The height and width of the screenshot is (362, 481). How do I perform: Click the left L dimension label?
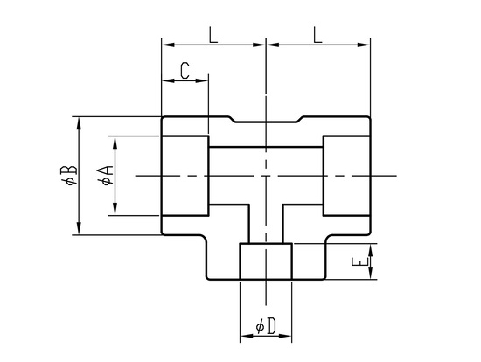[x=213, y=35]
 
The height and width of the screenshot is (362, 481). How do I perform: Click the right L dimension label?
[x=317, y=35]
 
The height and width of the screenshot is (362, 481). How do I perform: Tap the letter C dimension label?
[x=185, y=71]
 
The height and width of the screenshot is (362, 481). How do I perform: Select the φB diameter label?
[x=69, y=175]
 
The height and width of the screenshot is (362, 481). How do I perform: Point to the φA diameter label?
[x=105, y=176]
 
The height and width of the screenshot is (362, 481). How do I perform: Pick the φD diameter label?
[x=266, y=326]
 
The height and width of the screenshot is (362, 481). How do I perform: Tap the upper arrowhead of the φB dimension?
[x=79, y=123]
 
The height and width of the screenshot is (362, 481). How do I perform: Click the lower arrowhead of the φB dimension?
[x=79, y=228]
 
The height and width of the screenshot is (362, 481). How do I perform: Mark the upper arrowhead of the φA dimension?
[x=115, y=143]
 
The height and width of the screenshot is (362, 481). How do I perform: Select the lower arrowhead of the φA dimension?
[x=115, y=209]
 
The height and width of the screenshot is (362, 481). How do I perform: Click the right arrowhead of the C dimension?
[x=202, y=81]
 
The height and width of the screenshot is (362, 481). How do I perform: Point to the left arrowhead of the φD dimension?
[x=247, y=337]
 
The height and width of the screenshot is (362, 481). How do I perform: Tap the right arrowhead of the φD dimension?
[x=285, y=337]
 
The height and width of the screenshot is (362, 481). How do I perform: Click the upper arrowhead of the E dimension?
[x=371, y=250]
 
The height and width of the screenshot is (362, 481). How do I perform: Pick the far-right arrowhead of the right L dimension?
[x=364, y=45]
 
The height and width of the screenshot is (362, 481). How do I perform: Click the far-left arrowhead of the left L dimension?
[x=169, y=45]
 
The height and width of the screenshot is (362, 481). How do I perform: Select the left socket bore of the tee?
[x=185, y=176]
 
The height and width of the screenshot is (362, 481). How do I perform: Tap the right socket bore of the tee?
[x=346, y=176]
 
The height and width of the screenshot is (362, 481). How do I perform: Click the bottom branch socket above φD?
[x=266, y=261]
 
